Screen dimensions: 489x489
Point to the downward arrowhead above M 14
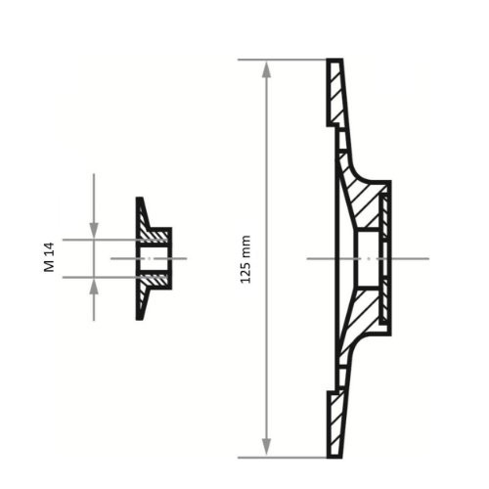tap(94, 231)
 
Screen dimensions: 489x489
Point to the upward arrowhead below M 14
tap(94, 285)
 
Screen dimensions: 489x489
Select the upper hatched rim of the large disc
tap(334, 93)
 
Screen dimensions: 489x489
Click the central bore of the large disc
tap(367, 258)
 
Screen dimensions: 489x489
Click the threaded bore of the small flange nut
tap(155, 258)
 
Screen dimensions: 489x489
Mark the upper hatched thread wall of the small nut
tap(155, 236)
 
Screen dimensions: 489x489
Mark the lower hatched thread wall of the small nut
tap(155, 280)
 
